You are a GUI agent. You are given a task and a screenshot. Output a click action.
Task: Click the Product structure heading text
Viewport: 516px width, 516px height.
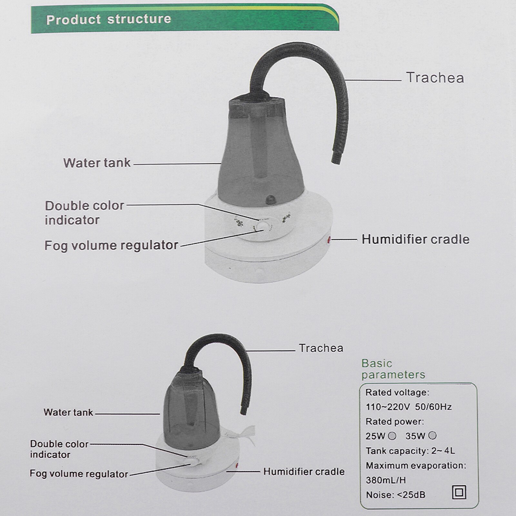(x=108, y=19)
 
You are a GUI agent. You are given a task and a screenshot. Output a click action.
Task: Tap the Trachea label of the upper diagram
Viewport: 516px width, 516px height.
(x=435, y=78)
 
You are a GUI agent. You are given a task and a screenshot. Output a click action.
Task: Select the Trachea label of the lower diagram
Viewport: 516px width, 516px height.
(x=321, y=348)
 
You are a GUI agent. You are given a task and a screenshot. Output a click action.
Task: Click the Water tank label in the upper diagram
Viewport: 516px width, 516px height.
(x=97, y=163)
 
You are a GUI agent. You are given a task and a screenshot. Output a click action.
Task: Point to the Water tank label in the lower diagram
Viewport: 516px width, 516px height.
(x=68, y=412)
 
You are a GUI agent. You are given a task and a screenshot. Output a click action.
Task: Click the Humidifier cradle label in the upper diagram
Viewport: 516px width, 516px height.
(x=415, y=240)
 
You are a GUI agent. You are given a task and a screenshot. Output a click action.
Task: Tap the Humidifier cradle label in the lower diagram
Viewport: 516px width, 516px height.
(x=304, y=472)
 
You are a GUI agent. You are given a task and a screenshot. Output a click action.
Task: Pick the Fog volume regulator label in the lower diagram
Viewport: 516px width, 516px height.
(x=79, y=474)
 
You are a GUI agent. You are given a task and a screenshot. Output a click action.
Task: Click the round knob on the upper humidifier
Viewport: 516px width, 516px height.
(x=264, y=226)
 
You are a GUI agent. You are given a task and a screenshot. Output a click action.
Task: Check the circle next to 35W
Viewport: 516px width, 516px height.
(x=433, y=436)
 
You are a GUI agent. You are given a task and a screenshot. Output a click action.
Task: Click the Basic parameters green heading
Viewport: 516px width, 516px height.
(x=393, y=369)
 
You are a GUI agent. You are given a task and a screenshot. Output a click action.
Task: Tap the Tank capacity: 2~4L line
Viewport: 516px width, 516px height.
(x=410, y=451)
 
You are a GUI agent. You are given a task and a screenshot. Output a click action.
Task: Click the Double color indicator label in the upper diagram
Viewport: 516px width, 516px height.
(x=84, y=213)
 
